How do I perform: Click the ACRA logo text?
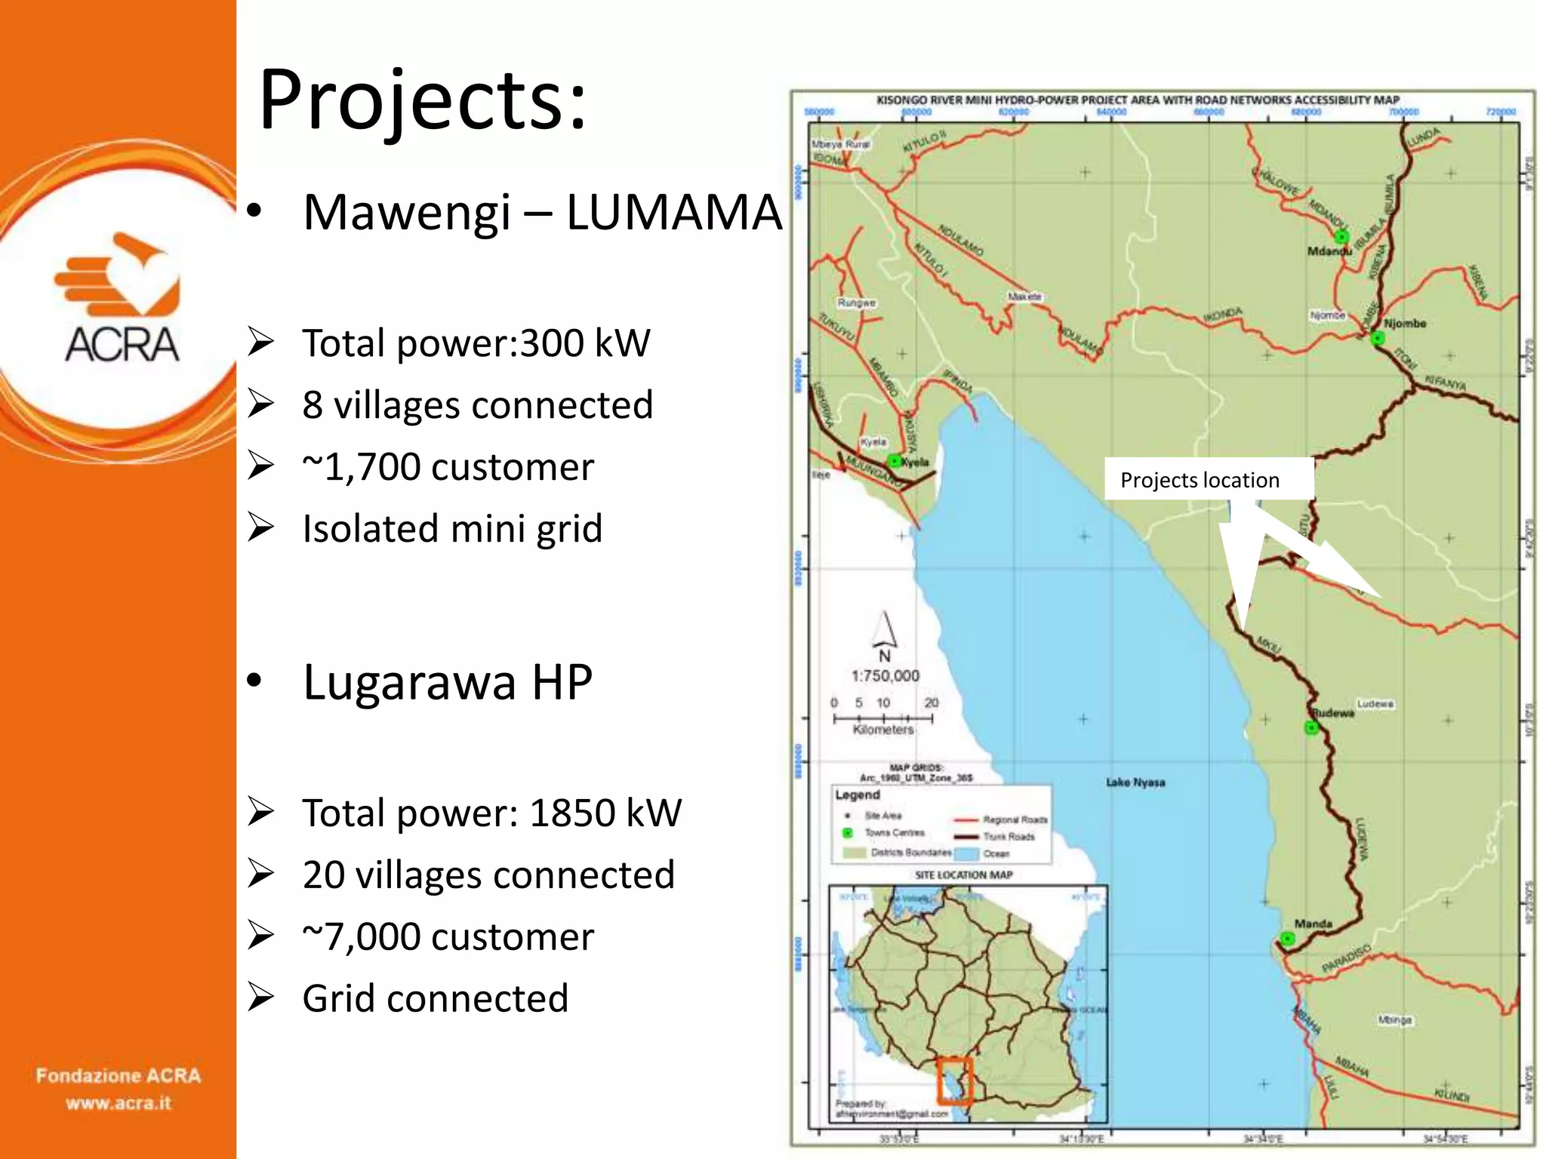pyautogui.click(x=122, y=345)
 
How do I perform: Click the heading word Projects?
pyautogui.click(x=422, y=100)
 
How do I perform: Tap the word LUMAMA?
pyautogui.click(x=673, y=212)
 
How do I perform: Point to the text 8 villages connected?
pyautogui.click(x=477, y=405)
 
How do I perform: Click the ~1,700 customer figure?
pyautogui.click(x=448, y=467)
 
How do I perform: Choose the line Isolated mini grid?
pyautogui.click(x=452, y=528)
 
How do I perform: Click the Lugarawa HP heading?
pyautogui.click(x=448, y=682)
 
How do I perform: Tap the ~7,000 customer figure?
pyautogui.click(x=448, y=936)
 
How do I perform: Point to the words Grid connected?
pyautogui.click(x=435, y=998)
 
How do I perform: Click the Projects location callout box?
pyautogui.click(x=1208, y=479)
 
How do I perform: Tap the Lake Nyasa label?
pyautogui.click(x=1135, y=782)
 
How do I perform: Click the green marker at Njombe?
pyautogui.click(x=1378, y=337)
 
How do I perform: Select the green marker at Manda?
pyautogui.click(x=1288, y=939)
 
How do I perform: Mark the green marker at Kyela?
pyautogui.click(x=894, y=460)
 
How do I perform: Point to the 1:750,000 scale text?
pyautogui.click(x=885, y=676)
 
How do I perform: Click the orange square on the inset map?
pyautogui.click(x=954, y=1080)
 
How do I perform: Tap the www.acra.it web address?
pyautogui.click(x=119, y=1103)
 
